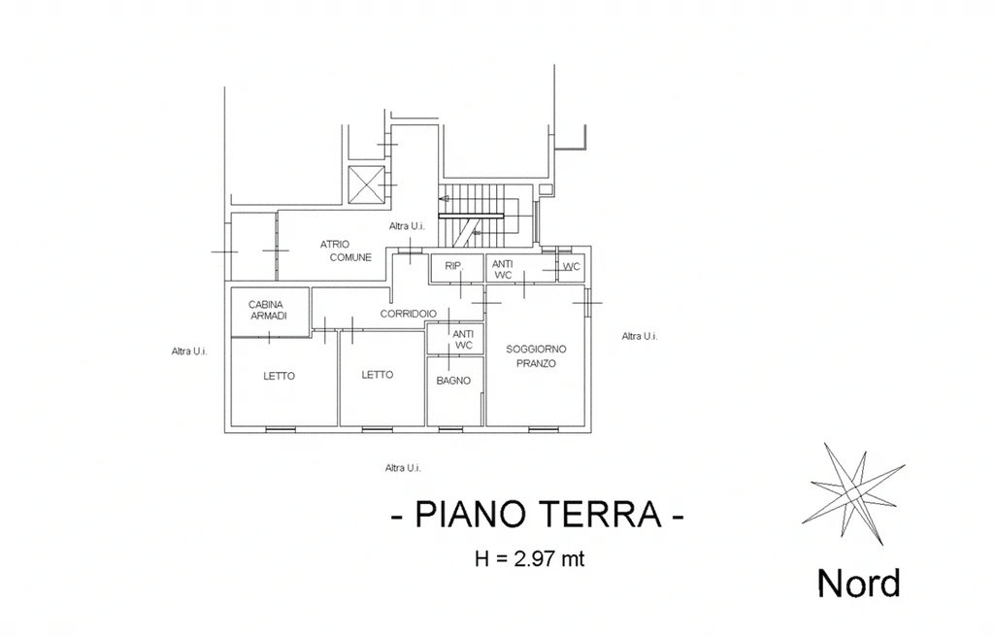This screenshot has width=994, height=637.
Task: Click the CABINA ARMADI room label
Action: point(266,311)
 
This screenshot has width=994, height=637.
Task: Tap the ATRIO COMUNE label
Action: point(347,251)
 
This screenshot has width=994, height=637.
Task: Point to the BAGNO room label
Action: point(454,381)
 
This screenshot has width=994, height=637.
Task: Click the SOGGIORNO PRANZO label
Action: point(536,356)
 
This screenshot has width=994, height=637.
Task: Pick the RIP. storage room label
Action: point(454,266)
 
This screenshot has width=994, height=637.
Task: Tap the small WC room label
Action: point(571,266)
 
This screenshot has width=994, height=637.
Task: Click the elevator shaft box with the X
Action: point(366,184)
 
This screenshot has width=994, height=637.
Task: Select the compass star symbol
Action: point(853,493)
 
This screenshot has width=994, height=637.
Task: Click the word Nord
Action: point(859,583)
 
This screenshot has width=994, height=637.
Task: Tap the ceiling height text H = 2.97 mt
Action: point(530,559)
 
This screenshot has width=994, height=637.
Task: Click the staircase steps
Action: point(485,216)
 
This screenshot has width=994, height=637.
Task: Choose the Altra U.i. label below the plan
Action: point(403,468)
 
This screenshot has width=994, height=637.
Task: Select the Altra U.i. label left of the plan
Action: point(189,351)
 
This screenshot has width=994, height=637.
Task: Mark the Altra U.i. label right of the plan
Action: point(640,336)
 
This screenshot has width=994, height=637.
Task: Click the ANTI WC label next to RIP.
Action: point(503,270)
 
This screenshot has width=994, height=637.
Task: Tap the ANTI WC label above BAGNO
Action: point(463,340)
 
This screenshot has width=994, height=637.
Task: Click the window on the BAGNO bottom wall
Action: point(450,429)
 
